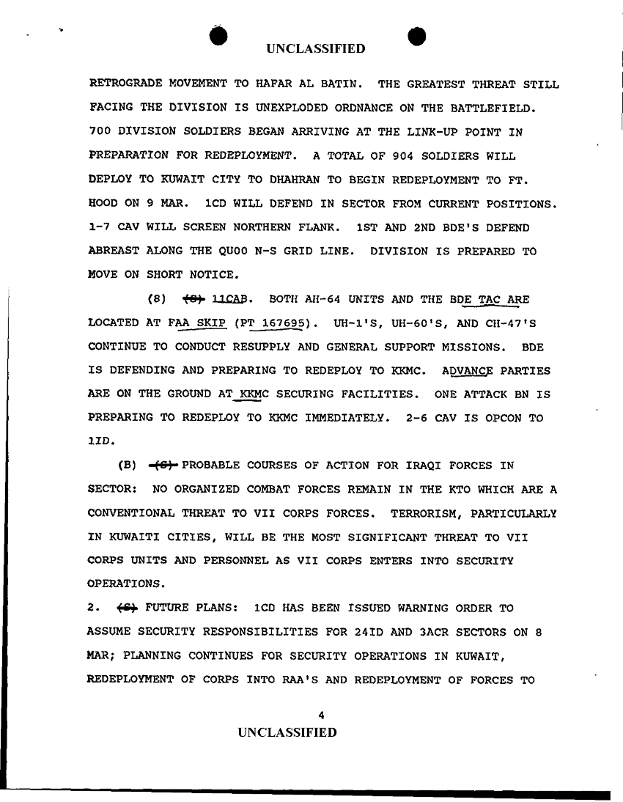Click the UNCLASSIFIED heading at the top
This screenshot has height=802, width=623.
315,49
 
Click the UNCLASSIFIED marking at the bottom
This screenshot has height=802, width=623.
284,732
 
